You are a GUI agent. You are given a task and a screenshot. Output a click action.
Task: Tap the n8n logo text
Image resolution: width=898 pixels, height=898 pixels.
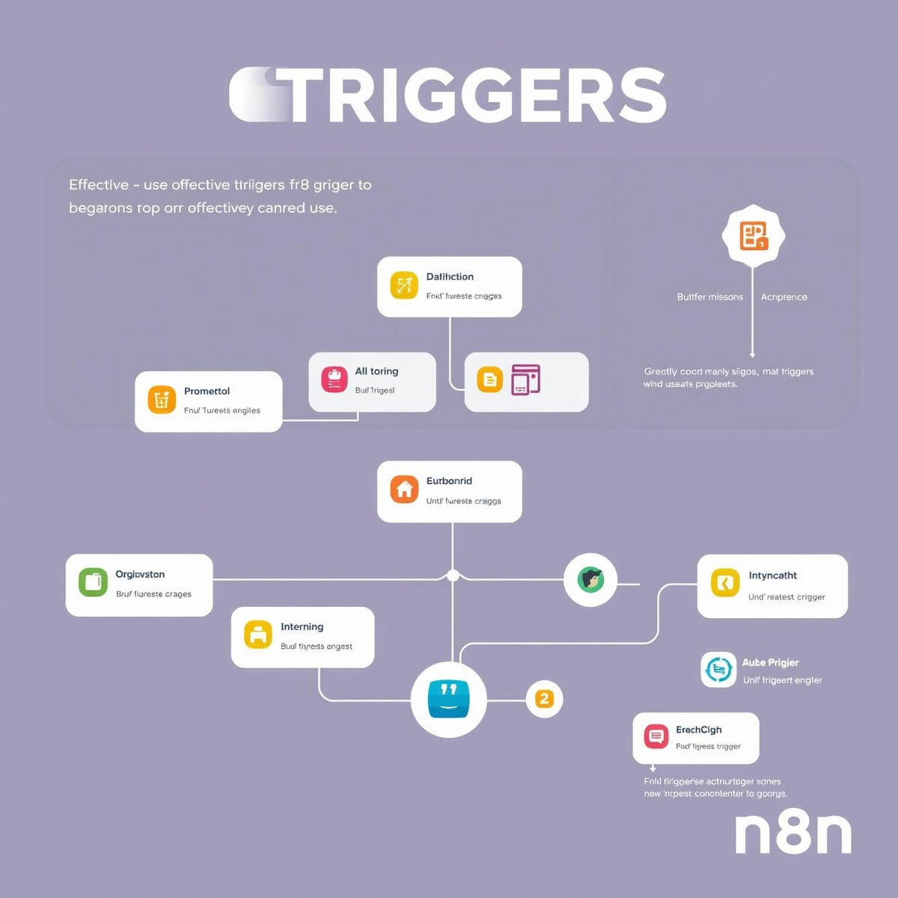[793, 832]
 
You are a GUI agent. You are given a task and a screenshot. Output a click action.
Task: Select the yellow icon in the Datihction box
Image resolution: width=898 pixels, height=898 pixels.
[404, 285]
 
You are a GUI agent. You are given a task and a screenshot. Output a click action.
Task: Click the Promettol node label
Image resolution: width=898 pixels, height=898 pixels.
[207, 391]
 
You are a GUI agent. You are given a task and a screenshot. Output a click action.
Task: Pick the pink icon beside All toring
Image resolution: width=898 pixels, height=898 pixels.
[335, 379]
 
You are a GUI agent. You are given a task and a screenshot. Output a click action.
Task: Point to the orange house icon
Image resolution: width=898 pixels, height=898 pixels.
[404, 490]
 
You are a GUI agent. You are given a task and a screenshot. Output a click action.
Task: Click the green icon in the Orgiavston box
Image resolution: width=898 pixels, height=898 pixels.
[93, 581]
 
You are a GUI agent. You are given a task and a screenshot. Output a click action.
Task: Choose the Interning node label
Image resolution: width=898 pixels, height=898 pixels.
[302, 627]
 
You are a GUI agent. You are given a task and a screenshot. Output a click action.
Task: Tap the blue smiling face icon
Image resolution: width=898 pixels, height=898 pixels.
[448, 699]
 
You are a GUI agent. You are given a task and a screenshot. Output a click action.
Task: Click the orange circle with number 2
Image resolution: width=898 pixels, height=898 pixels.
[544, 699]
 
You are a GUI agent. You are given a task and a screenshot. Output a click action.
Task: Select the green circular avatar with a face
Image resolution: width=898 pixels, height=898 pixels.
[590, 579]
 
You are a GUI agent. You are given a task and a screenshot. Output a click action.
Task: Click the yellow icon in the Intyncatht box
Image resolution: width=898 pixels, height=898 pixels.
[724, 583]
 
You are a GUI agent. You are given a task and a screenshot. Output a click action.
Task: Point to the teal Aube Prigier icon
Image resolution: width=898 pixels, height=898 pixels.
[718, 669]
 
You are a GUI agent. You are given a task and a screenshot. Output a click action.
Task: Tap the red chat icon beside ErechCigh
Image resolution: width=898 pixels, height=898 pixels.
[656, 736]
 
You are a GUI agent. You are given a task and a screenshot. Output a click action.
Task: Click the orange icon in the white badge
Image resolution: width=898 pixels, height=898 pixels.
[754, 236]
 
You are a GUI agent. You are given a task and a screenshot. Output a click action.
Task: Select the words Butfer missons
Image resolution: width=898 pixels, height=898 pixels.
[710, 297]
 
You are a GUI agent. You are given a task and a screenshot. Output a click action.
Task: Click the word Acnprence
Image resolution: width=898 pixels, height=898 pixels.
[784, 297]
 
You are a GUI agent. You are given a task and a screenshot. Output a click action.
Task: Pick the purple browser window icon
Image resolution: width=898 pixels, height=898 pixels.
[525, 379]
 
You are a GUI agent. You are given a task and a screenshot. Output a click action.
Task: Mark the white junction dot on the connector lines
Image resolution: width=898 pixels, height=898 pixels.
[453, 575]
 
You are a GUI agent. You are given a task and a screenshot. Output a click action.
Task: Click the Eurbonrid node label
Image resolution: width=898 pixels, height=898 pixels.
[449, 481]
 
